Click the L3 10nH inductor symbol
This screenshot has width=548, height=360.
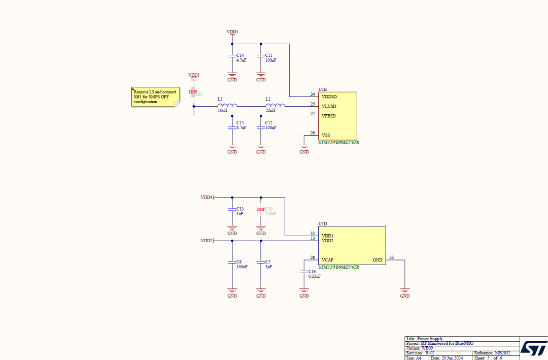pyautogui.click(x=227, y=106)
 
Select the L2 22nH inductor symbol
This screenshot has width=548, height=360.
pyautogui.click(x=276, y=106)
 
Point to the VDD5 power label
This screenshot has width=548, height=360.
pyautogui.click(x=232, y=32)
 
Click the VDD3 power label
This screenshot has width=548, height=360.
pyautogui.click(x=193, y=75)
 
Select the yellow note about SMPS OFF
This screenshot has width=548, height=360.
pyautogui.click(x=155, y=96)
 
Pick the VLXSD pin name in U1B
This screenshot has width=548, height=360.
pyautogui.click(x=329, y=106)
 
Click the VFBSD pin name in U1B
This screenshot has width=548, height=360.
pyautogui.click(x=329, y=116)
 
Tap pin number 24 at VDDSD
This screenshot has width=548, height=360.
pyautogui.click(x=313, y=94)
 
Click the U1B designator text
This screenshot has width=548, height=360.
pyautogui.click(x=323, y=89)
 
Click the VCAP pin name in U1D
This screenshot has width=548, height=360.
pyautogui.click(x=327, y=260)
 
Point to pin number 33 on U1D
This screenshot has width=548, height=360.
pyautogui.click(x=391, y=258)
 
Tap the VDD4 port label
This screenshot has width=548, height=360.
pyautogui.click(x=206, y=197)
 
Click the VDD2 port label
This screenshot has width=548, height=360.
pyautogui.click(x=206, y=241)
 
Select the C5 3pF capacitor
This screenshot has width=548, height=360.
pyautogui.click(x=261, y=264)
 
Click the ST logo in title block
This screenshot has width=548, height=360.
pyautogui.click(x=533, y=348)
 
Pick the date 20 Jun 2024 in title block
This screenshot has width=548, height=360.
pyautogui.click(x=451, y=358)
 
